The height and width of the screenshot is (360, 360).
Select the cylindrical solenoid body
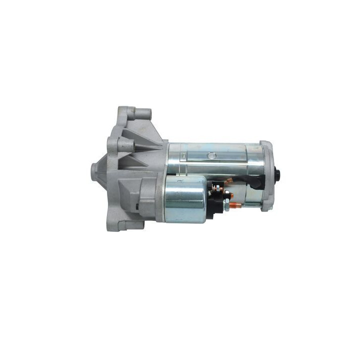click(183, 199)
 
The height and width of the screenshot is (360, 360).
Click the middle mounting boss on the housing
click(125, 145)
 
